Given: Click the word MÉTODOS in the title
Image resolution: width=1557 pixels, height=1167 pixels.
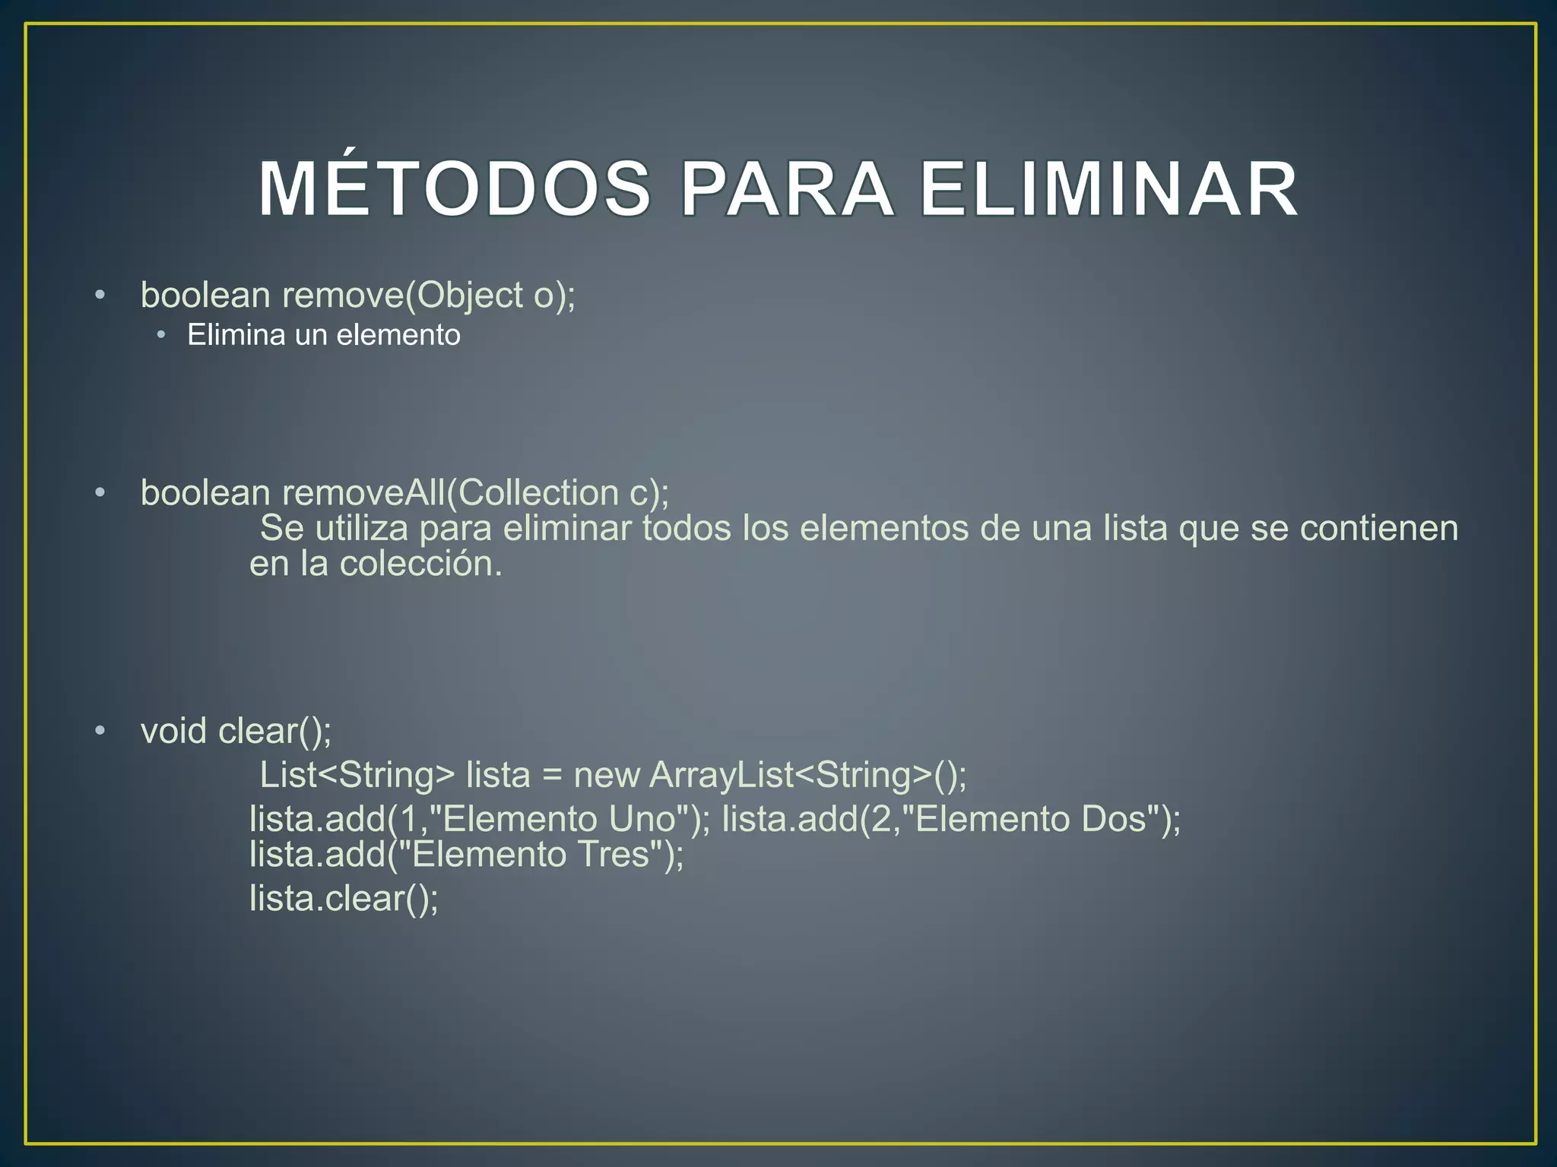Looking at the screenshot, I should coord(455,190).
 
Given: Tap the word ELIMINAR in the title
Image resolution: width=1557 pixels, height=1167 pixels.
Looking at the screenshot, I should coord(1108,190).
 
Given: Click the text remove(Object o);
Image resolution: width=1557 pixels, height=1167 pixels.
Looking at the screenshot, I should coord(429,296).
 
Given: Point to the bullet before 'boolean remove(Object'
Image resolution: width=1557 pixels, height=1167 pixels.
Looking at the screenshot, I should coord(100,295).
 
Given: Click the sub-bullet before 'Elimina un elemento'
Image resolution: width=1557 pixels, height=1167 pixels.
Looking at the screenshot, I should coord(161,335).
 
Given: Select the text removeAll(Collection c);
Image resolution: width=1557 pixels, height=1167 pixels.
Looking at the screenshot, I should coord(476,493).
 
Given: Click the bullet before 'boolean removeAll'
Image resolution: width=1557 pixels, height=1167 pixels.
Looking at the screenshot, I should coord(100,493).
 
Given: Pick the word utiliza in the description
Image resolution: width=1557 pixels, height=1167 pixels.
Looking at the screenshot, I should coord(362,528).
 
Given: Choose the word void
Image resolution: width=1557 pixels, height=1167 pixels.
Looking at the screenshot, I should coord(173,731).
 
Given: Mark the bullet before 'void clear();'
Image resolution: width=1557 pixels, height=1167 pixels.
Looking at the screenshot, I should coord(100,731).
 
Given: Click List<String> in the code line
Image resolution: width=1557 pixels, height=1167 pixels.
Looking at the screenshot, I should coord(357,775).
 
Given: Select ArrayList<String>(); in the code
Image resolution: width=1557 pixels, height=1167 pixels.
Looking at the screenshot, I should coord(808,775).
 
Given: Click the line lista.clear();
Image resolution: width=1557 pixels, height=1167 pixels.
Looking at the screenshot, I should coord(344,899).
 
